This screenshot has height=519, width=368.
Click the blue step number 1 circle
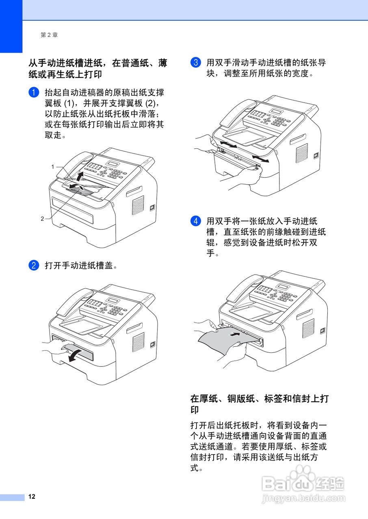[x=33, y=92]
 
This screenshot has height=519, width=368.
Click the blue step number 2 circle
[x=33, y=266]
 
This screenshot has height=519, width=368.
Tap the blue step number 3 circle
[x=195, y=63]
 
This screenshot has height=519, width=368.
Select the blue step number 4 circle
[x=195, y=221]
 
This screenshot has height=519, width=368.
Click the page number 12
[x=32, y=497]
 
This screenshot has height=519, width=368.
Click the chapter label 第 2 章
[x=49, y=35]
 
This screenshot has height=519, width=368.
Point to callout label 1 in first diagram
[x=53, y=167]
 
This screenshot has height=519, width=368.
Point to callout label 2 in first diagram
[x=42, y=219]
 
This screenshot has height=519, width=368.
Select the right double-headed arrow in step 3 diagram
[x=260, y=159]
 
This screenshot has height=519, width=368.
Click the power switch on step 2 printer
[x=152, y=345]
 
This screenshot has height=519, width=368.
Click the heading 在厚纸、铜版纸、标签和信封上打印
[x=259, y=404]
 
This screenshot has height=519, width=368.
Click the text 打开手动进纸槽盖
[x=81, y=266]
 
